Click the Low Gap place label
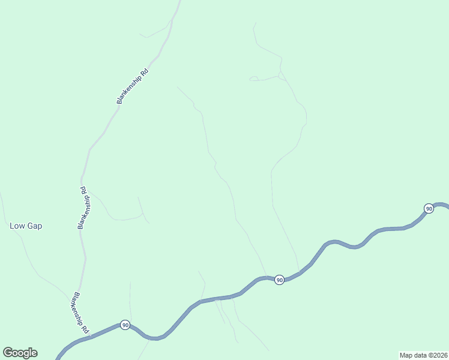(x=26, y=226)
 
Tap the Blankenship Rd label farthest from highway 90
(x=133, y=86)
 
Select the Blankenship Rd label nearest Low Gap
(x=85, y=208)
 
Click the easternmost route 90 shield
(x=428, y=208)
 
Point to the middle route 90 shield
(x=279, y=280)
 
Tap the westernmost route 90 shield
(x=125, y=325)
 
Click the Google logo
(x=20, y=353)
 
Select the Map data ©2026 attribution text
(x=423, y=355)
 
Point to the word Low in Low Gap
(x=17, y=226)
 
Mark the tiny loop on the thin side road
(x=254, y=78)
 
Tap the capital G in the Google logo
(x=7, y=352)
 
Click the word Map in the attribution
(x=406, y=355)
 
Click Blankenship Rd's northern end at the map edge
(x=179, y=2)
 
